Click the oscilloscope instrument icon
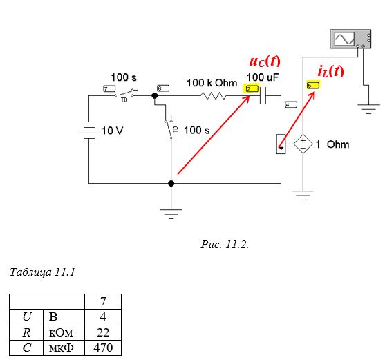click(350, 39)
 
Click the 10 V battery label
click(112, 131)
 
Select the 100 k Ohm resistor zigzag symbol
click(213, 96)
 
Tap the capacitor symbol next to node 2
click(263, 96)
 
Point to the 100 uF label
click(263, 77)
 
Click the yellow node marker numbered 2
click(251, 88)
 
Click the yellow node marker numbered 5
click(313, 85)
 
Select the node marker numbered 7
click(109, 88)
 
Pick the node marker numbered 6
click(163, 88)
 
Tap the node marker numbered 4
click(291, 105)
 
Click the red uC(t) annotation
click(265, 61)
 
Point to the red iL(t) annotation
click(330, 71)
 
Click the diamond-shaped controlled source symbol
click(303, 144)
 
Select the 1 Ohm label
click(332, 144)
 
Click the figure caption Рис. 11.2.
click(225, 245)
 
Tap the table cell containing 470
click(103, 348)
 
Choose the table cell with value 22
click(103, 333)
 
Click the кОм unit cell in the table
click(64, 333)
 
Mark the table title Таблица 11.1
click(42, 272)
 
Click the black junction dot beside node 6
click(155, 96)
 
